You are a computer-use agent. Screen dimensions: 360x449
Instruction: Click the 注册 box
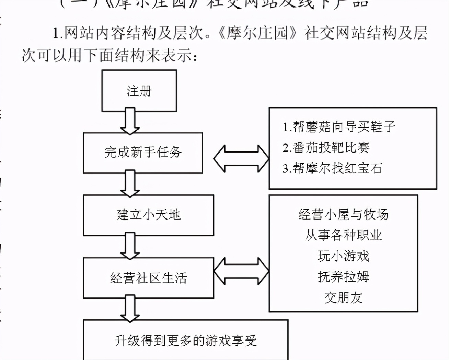(x=139, y=91)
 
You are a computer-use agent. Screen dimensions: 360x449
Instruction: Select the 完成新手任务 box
(x=143, y=152)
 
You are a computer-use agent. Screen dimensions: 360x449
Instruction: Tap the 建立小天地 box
(x=148, y=215)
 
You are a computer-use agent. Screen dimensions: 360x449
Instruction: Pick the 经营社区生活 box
(x=148, y=278)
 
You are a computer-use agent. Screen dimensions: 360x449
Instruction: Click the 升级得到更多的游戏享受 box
(x=185, y=340)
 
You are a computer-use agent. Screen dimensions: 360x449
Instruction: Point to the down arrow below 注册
(x=130, y=121)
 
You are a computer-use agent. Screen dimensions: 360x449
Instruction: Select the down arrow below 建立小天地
(x=130, y=246)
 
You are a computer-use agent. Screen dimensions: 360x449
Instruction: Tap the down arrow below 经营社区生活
(x=130, y=308)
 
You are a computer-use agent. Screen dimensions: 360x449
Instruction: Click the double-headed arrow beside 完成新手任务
(x=241, y=158)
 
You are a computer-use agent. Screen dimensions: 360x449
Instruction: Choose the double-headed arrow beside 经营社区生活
(x=241, y=271)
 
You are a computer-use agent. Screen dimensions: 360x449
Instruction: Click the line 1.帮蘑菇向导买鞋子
(x=339, y=127)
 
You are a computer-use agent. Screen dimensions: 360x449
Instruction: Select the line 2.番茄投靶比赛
(x=326, y=148)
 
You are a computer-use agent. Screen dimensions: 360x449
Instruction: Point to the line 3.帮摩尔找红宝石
(x=332, y=168)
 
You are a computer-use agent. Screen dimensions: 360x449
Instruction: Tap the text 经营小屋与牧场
(x=343, y=215)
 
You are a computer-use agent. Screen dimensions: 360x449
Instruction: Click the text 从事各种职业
(x=343, y=236)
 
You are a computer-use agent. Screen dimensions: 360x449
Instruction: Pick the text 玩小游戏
(x=343, y=256)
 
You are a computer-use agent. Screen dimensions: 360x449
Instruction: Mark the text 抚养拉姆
(x=343, y=277)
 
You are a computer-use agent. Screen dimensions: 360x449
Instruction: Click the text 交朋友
(x=343, y=298)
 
